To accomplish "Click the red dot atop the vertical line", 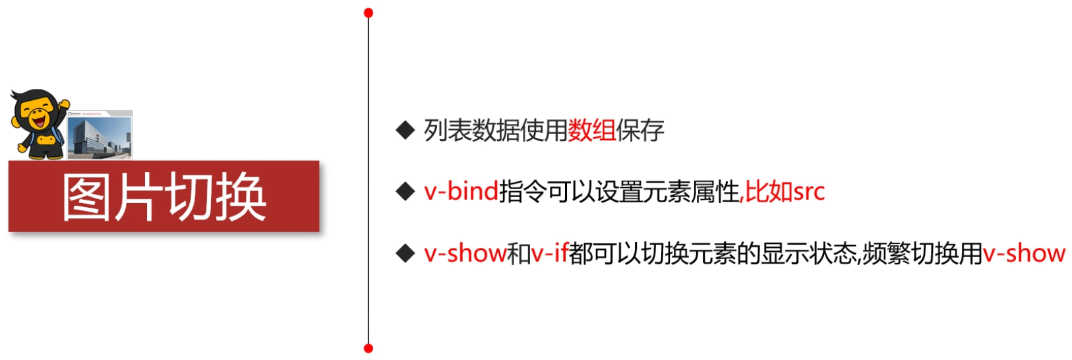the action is click(369, 13).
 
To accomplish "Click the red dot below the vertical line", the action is click(369, 347).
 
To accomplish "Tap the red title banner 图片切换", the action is click(164, 196).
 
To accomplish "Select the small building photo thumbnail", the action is click(100, 135).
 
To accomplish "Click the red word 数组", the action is click(591, 131).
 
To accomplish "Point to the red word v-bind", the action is click(461, 192).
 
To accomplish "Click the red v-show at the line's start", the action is click(465, 253).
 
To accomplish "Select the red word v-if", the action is click(550, 253).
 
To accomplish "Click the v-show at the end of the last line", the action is click(1024, 253).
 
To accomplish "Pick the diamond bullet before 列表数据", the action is click(404, 130).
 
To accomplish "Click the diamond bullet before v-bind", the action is click(404, 192).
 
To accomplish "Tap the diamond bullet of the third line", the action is click(404, 253).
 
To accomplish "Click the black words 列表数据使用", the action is click(495, 131).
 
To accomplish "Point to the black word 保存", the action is click(640, 131).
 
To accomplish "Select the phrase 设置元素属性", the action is click(667, 192).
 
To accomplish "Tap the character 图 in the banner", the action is click(86, 197).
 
